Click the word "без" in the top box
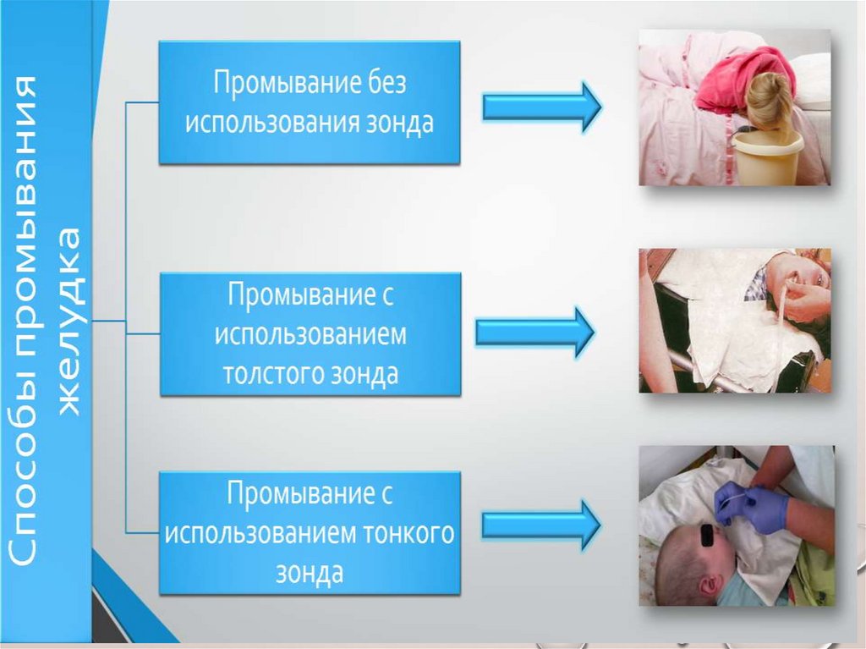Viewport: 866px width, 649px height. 385,85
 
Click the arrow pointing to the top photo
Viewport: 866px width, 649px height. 541,107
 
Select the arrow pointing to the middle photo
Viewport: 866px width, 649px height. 535,331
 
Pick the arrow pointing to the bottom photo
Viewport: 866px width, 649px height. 541,525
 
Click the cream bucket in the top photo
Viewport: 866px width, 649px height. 766,156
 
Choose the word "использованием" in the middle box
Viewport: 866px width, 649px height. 310,334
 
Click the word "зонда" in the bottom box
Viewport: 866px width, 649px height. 310,573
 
